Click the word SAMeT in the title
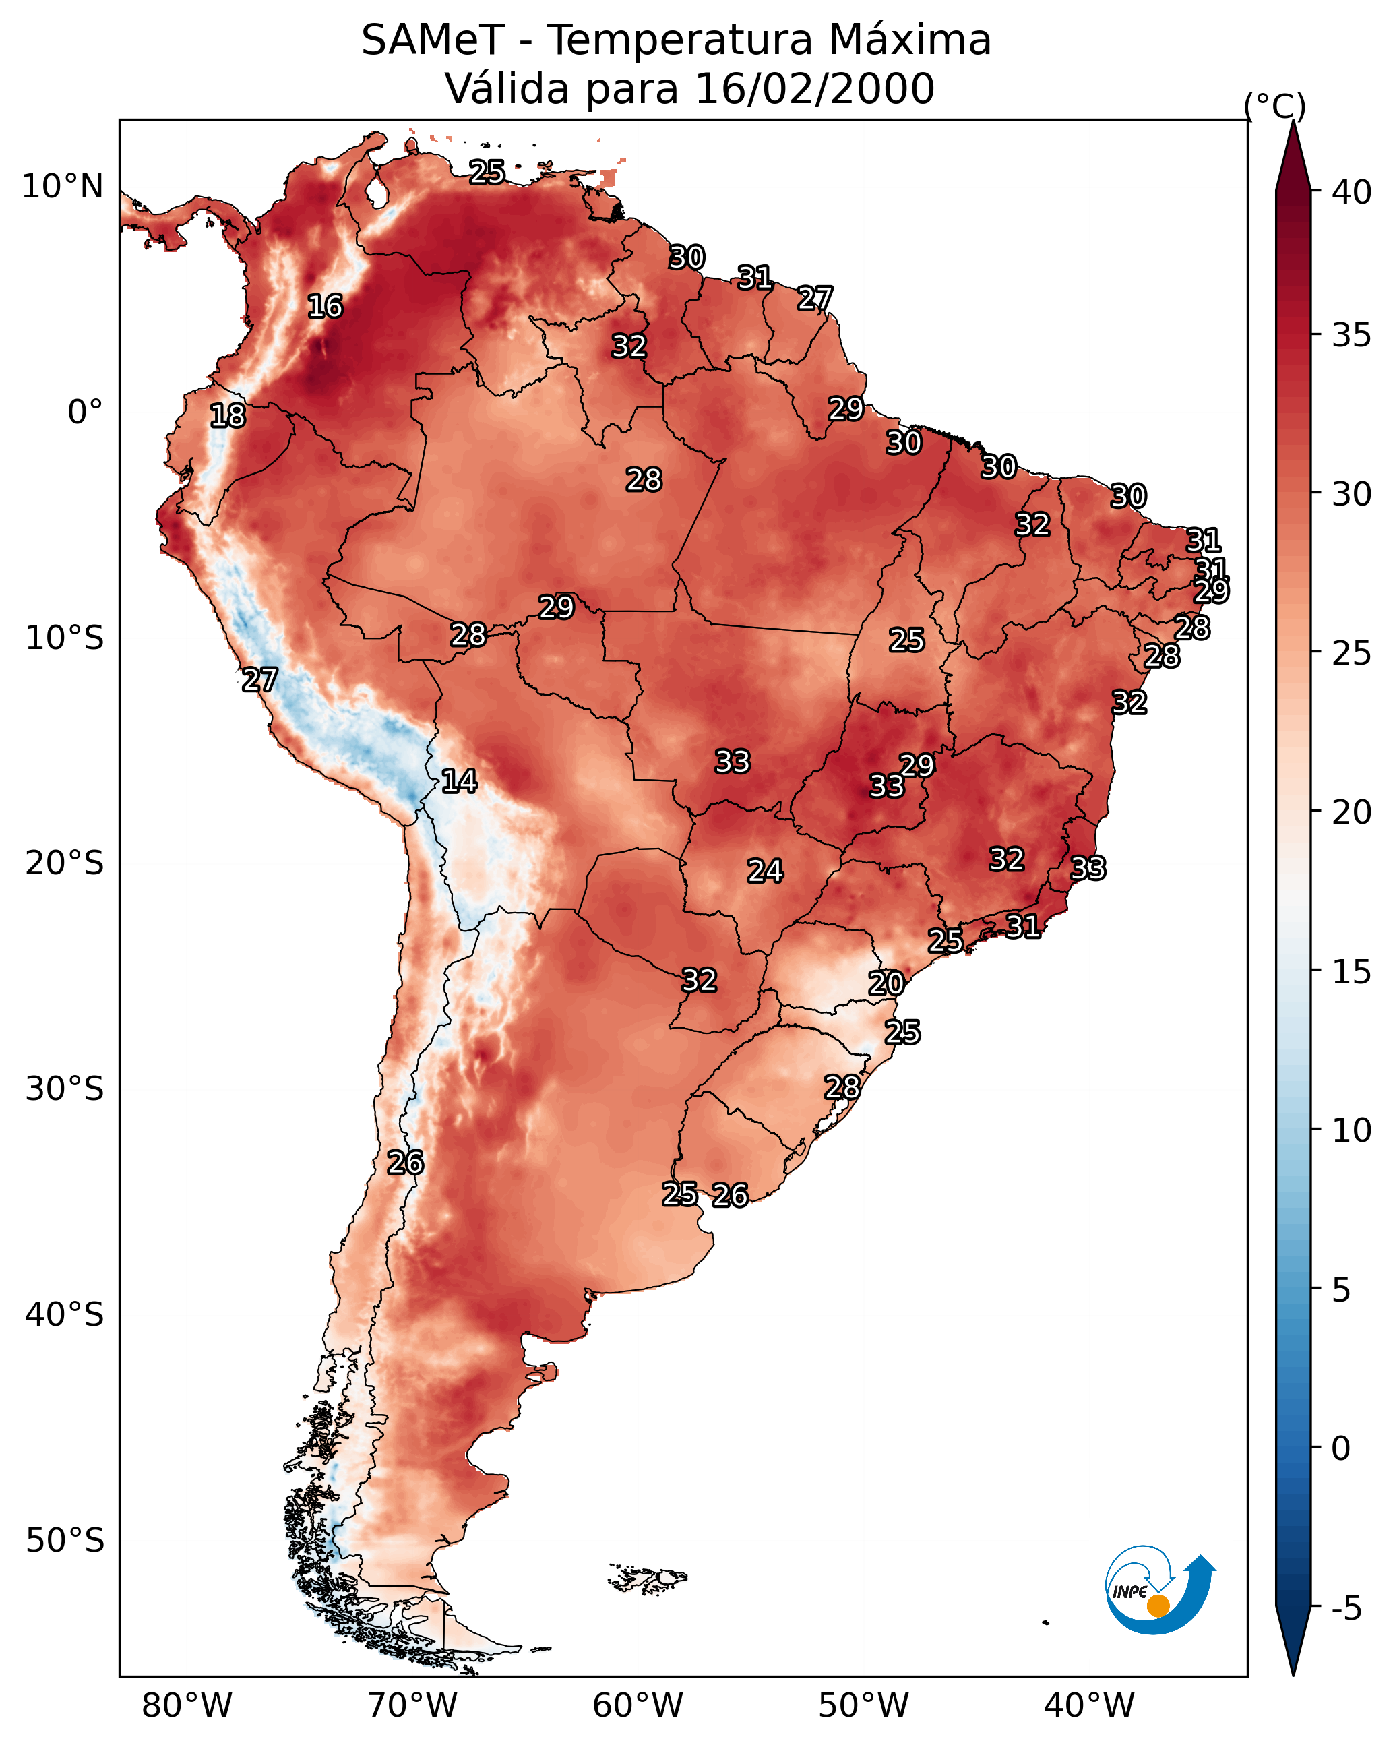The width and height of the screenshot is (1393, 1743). point(433,40)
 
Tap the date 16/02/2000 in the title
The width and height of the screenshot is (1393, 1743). point(814,89)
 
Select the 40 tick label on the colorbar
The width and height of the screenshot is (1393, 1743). point(1352,192)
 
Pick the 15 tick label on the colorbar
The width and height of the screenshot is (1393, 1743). point(1352,972)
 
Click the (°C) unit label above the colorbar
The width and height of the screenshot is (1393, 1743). point(1275,106)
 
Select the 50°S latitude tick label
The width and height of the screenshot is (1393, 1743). point(65,1540)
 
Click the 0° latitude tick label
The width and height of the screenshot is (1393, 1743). point(86,412)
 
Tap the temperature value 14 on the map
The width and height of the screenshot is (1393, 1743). point(459,781)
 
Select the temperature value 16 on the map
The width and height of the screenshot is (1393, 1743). point(325,307)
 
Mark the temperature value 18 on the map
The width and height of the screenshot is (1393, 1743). point(228,416)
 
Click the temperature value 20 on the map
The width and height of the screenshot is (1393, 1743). point(886,983)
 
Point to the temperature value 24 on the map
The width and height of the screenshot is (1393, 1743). point(765,871)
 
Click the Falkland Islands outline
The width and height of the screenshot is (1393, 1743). point(648,1577)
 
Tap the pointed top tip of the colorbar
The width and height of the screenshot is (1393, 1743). point(1293,121)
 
